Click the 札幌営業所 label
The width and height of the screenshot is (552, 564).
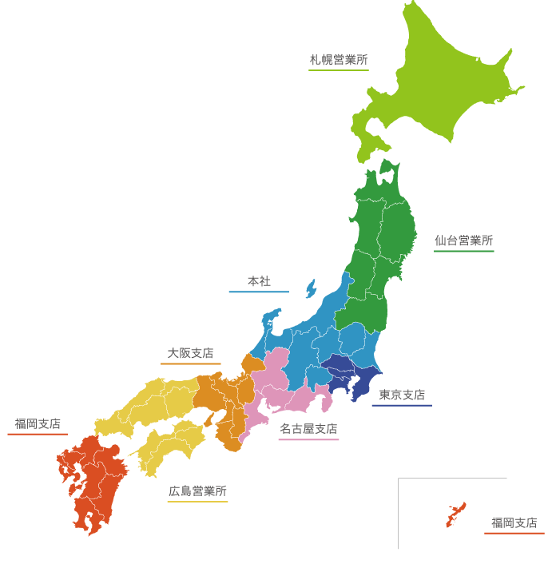click(x=339, y=60)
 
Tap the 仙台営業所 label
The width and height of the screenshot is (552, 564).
click(x=463, y=240)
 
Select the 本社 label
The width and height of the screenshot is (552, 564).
click(x=258, y=282)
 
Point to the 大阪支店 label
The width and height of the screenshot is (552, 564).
click(x=190, y=353)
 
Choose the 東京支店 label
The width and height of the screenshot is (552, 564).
click(x=401, y=395)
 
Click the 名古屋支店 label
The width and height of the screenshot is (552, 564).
click(x=308, y=429)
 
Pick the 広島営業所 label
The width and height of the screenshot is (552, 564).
click(x=197, y=491)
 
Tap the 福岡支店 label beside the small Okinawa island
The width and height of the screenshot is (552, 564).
click(x=514, y=523)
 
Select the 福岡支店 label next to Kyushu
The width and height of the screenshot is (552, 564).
click(x=38, y=424)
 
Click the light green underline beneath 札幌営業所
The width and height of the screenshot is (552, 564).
click(x=339, y=70)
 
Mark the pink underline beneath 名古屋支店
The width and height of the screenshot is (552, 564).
click(x=308, y=439)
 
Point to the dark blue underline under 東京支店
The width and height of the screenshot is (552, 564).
click(x=401, y=405)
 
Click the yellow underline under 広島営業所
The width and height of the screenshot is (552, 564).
click(x=197, y=502)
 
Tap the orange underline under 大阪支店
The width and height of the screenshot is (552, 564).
click(x=190, y=364)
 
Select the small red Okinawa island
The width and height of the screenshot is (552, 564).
click(x=455, y=514)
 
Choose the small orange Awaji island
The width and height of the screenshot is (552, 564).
click(x=211, y=419)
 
